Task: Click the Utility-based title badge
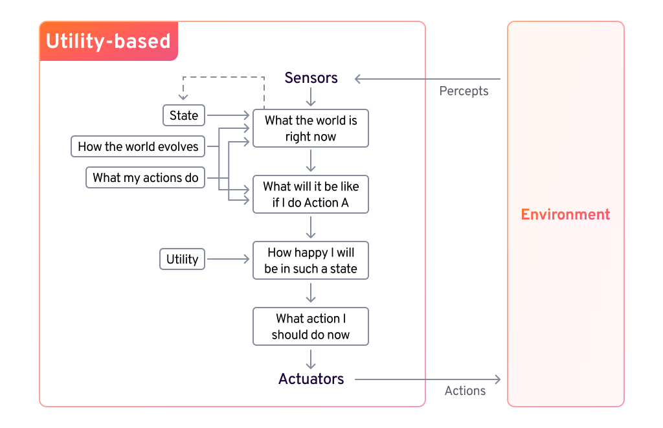coord(108,41)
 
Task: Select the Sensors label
coord(311,78)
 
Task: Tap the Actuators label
coord(311,379)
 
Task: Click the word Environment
coord(565,214)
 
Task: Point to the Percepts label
coord(464,91)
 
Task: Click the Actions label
coord(465,390)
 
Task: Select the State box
coord(183,116)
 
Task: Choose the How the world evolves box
coord(138,146)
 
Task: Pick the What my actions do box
coord(145,177)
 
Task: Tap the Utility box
coord(182,260)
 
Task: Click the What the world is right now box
coord(311,128)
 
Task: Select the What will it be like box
coord(311,194)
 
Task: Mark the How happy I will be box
coord(311,260)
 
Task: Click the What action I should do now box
coord(311,326)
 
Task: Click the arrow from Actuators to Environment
coord(427,379)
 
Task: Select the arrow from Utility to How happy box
coord(228,260)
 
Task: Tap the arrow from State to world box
coord(228,116)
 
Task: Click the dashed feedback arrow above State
coord(223,77)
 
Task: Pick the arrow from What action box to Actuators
coord(311,358)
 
